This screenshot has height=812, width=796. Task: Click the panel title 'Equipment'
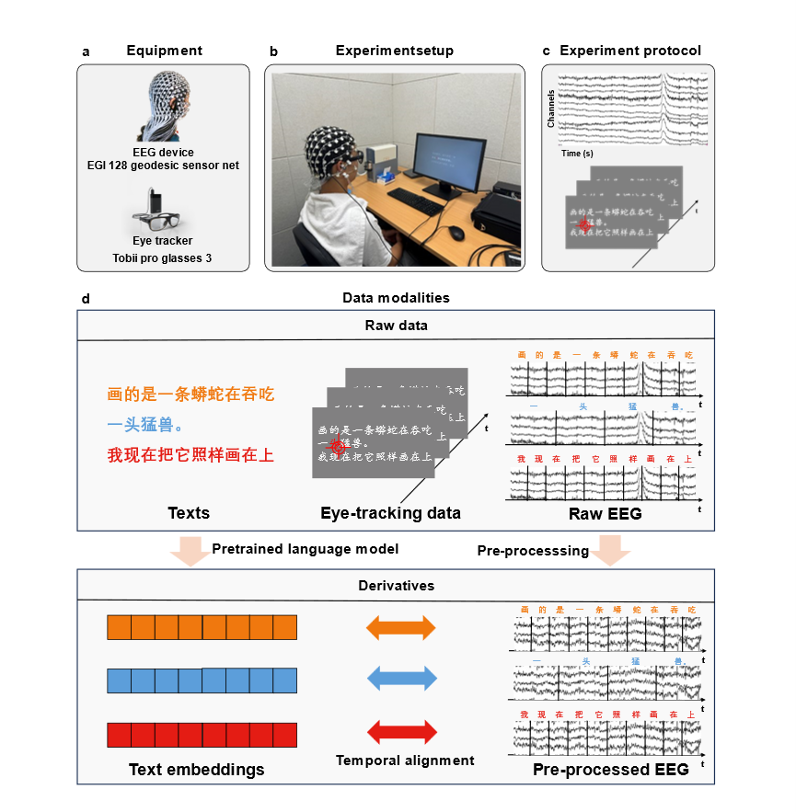pos(164,51)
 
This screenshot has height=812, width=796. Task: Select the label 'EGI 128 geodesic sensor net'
pos(164,166)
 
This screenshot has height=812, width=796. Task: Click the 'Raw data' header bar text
pos(396,326)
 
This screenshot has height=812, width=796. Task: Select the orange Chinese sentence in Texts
pos(190,395)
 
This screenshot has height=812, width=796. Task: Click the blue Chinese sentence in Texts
pos(144,425)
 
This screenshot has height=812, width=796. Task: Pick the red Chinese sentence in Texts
pos(190,455)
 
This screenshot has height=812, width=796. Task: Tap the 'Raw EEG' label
pos(605,514)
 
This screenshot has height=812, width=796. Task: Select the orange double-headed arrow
pos(400,628)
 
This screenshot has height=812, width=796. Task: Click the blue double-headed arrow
pos(400,680)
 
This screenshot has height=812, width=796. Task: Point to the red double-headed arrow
pos(400,733)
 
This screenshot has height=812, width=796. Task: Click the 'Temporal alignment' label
pos(405,760)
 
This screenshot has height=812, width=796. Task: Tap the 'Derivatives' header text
pos(396,585)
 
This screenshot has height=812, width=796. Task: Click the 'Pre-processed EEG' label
pos(610,770)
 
